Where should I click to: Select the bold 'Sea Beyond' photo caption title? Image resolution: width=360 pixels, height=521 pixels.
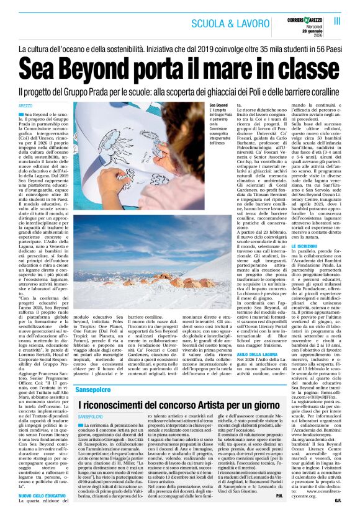[219, 107]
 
